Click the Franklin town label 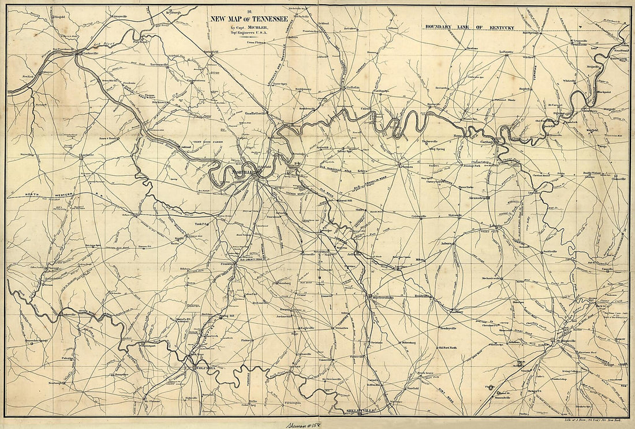click(226, 264)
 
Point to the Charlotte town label click(86, 156)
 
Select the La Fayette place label click(506, 52)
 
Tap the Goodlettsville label click(257, 114)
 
